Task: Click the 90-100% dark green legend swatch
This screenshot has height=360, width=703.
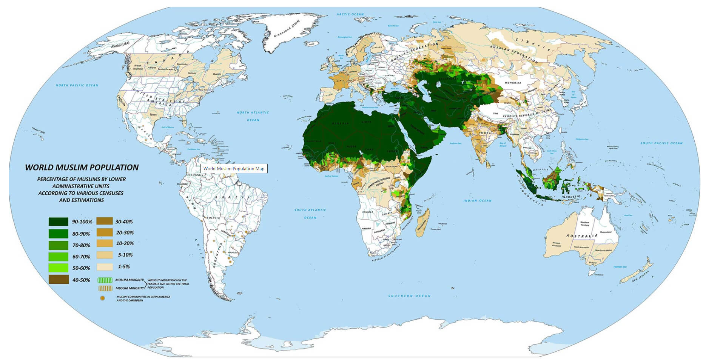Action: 58,222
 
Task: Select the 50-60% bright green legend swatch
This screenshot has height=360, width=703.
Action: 58,268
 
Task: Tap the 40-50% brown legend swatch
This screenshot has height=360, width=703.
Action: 58,280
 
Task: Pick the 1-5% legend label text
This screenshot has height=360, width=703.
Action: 124,266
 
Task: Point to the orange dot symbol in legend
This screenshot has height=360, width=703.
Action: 102,298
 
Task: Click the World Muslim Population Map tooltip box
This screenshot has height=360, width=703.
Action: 234,169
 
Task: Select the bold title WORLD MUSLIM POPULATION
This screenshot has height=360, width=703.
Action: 82,167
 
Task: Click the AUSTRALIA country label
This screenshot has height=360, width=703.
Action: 582,236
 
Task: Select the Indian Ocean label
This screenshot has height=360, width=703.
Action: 477,201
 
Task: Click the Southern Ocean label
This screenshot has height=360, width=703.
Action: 409,296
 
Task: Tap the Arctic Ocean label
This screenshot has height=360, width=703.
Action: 350,14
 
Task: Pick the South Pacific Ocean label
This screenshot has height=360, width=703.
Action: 661,143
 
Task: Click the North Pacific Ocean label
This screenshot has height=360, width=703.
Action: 77,85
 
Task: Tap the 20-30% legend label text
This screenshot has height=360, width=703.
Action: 125,233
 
